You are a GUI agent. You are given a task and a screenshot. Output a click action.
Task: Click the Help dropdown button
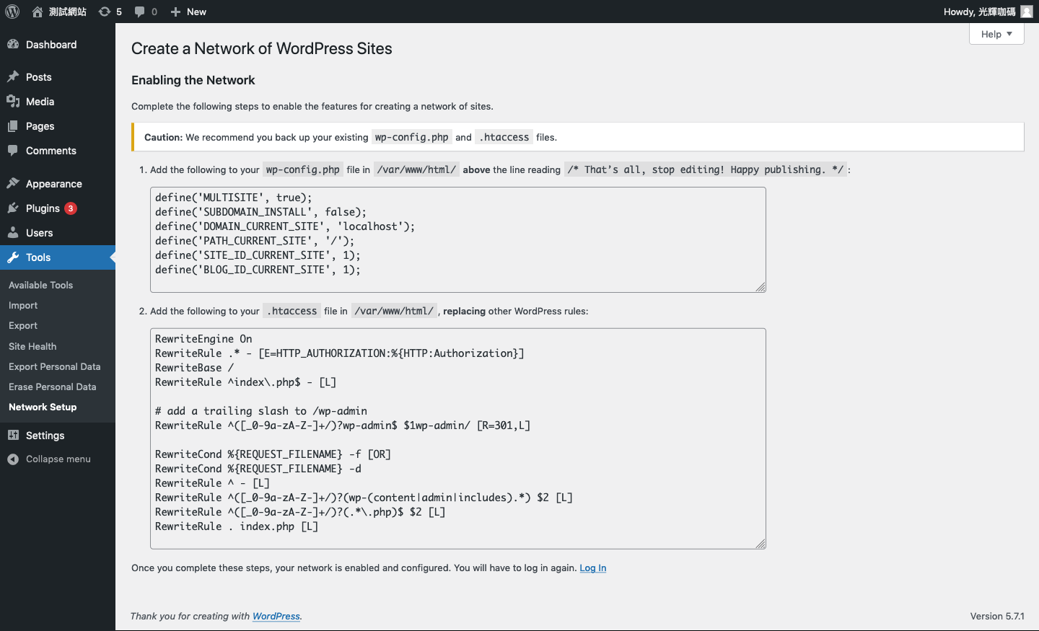(x=996, y=34)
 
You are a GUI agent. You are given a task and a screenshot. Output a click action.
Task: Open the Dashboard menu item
(x=51, y=45)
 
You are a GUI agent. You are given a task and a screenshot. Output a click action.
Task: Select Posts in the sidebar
(x=38, y=77)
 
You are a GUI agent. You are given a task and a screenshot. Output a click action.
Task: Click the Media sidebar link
(x=40, y=102)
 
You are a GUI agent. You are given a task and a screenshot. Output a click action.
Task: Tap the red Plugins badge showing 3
(x=71, y=208)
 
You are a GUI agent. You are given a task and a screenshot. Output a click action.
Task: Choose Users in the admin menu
(x=39, y=233)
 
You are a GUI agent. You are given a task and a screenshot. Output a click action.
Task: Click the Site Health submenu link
(x=32, y=346)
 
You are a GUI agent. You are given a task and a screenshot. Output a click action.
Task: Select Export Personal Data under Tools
(x=54, y=367)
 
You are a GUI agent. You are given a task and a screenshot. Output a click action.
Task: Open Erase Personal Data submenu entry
(x=53, y=387)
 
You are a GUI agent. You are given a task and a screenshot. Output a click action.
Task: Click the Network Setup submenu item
(x=43, y=407)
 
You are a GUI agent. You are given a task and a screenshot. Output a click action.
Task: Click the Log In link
(x=593, y=568)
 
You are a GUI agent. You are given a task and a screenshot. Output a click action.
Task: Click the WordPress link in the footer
(x=276, y=616)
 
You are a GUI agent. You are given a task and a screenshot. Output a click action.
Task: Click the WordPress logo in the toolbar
(x=12, y=12)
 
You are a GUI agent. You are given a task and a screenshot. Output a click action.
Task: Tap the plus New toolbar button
(x=188, y=12)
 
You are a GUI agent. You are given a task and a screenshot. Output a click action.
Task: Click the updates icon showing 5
(x=110, y=12)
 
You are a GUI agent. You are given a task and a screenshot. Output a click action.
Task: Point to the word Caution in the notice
(x=163, y=137)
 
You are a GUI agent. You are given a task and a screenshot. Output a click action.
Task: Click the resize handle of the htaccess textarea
(x=760, y=544)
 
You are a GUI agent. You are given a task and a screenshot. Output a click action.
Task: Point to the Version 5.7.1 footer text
(x=997, y=616)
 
